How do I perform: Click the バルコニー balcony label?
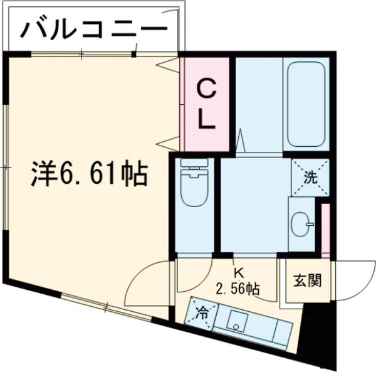[x=94, y=28]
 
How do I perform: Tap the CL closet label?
[x=207, y=104]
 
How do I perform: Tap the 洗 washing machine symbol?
[x=310, y=176]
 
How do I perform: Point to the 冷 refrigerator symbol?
[x=202, y=311]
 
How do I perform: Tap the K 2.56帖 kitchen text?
[x=238, y=282]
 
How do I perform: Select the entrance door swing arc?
[x=351, y=276]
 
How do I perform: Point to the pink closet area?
[x=207, y=104]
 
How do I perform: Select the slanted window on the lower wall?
[x=107, y=307]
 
